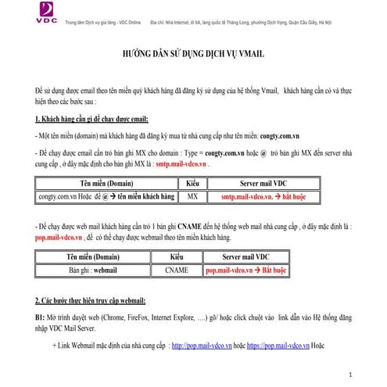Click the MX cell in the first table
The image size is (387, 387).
192,198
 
